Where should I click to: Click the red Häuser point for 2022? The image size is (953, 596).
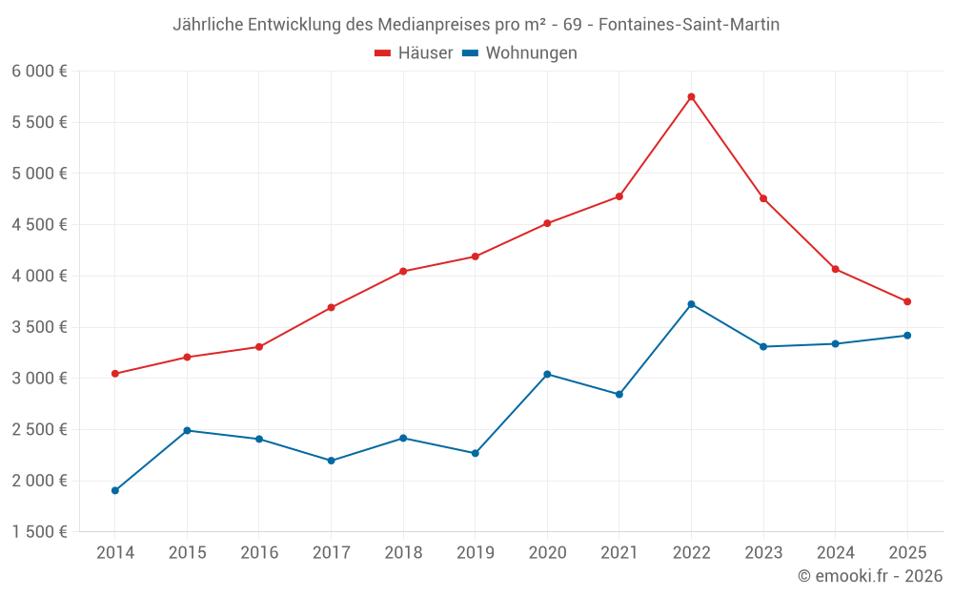tap(691, 96)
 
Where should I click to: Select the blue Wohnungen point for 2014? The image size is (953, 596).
tap(115, 490)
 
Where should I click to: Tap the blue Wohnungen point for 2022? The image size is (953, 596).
tap(691, 304)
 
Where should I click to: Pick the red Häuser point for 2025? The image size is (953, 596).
tap(907, 301)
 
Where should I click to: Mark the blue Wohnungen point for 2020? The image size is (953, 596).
tap(547, 374)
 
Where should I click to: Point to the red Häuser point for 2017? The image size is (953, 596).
tap(331, 307)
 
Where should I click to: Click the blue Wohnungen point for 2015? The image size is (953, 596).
tap(187, 430)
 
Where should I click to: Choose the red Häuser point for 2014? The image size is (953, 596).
tap(115, 374)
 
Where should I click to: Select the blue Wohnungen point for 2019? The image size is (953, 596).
tap(475, 453)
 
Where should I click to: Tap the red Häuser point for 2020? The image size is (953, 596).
tap(547, 223)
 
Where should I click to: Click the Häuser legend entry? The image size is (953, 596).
tap(414, 53)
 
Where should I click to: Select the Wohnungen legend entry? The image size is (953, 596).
tap(519, 53)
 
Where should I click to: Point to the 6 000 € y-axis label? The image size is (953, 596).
tap(39, 71)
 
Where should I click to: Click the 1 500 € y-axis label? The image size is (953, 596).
tap(39, 532)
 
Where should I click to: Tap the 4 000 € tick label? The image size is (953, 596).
tap(39, 276)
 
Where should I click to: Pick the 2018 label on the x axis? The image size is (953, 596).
tap(403, 553)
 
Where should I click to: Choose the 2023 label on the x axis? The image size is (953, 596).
tap(763, 553)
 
